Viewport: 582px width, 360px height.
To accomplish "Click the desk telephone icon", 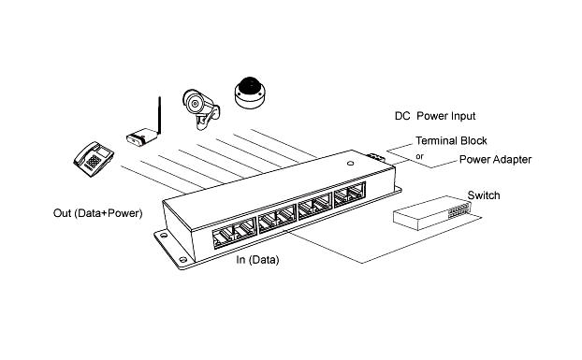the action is point(94,158).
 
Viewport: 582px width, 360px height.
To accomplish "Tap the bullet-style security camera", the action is point(200,108).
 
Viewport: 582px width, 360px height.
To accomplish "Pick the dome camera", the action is point(250,93).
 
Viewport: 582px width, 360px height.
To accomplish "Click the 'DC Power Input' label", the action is point(435,116).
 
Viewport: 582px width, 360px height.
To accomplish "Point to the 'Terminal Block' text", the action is point(451,141).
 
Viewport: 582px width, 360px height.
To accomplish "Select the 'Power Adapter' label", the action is point(495,159).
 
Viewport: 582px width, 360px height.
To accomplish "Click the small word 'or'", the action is point(419,156).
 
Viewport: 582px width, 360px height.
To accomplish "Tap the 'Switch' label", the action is point(484,195).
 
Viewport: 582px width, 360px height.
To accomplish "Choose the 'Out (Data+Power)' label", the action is point(98,213).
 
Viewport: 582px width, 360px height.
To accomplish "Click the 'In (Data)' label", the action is point(257,260).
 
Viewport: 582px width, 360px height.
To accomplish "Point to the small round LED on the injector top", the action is point(350,163).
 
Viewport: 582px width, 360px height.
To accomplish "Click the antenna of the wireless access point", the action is point(159,115).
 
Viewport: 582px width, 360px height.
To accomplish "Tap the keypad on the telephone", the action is point(94,161).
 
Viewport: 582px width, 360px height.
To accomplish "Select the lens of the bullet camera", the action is point(194,104).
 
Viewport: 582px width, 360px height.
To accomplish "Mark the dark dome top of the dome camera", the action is point(250,86).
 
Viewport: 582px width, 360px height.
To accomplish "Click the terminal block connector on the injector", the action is point(375,157).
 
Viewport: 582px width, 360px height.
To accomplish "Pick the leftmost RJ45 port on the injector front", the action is point(223,238).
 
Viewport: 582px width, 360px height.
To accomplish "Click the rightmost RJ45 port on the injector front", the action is point(356,191).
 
